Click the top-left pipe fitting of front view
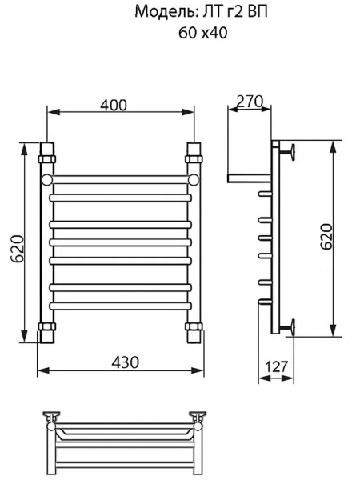coord(46,151)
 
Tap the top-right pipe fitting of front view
coord(194,151)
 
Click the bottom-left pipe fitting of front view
coord(46,329)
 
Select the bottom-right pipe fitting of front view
coord(194,329)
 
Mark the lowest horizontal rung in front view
coord(120,305)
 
